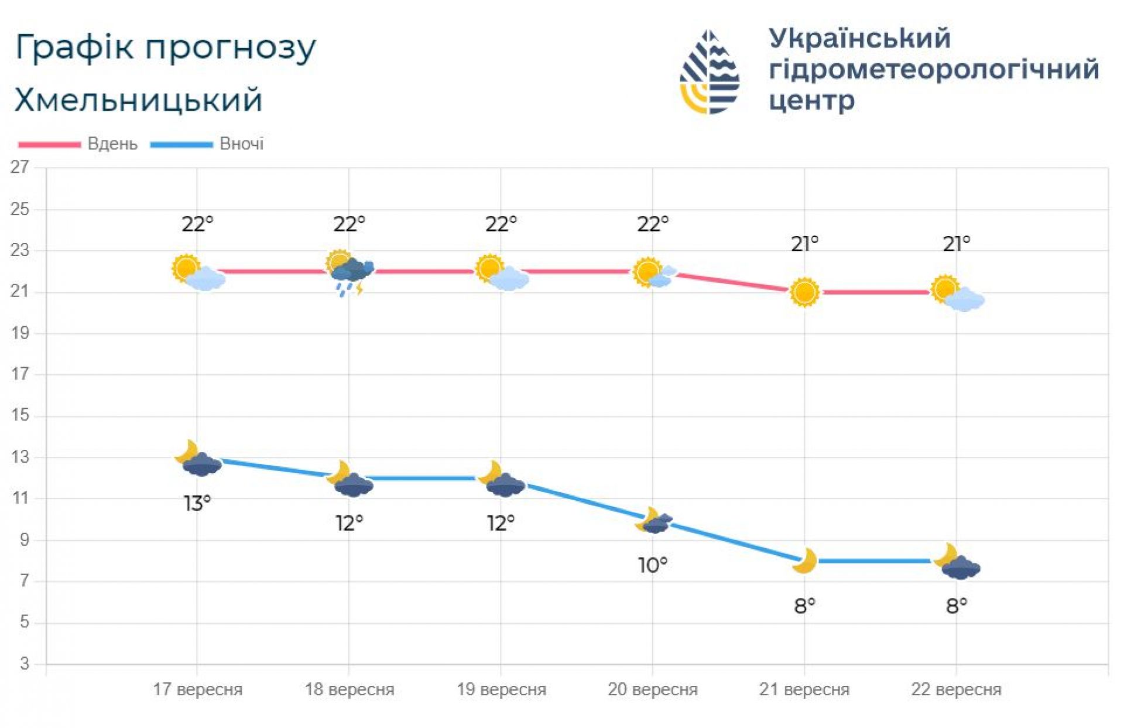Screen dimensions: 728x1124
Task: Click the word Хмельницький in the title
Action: click(x=138, y=100)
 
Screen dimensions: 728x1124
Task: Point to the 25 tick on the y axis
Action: click(x=20, y=210)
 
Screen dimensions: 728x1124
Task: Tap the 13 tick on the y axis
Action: click(x=20, y=457)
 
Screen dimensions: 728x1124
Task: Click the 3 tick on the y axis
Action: click(x=24, y=664)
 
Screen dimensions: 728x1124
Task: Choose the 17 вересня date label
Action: click(x=197, y=689)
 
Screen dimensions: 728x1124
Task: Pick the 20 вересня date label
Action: click(x=652, y=689)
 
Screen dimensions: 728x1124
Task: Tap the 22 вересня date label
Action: click(x=956, y=689)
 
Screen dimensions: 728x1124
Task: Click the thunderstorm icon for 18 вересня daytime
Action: click(x=350, y=272)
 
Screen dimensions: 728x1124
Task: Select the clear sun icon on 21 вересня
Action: click(x=804, y=292)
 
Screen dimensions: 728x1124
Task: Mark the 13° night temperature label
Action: click(x=197, y=503)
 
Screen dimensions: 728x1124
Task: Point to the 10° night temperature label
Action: click(x=652, y=565)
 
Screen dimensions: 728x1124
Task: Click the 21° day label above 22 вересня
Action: click(x=956, y=244)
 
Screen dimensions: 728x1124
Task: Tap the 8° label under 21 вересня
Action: click(x=804, y=606)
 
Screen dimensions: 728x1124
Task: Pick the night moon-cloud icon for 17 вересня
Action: click(x=198, y=459)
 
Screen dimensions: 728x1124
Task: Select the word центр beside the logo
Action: click(x=811, y=101)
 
